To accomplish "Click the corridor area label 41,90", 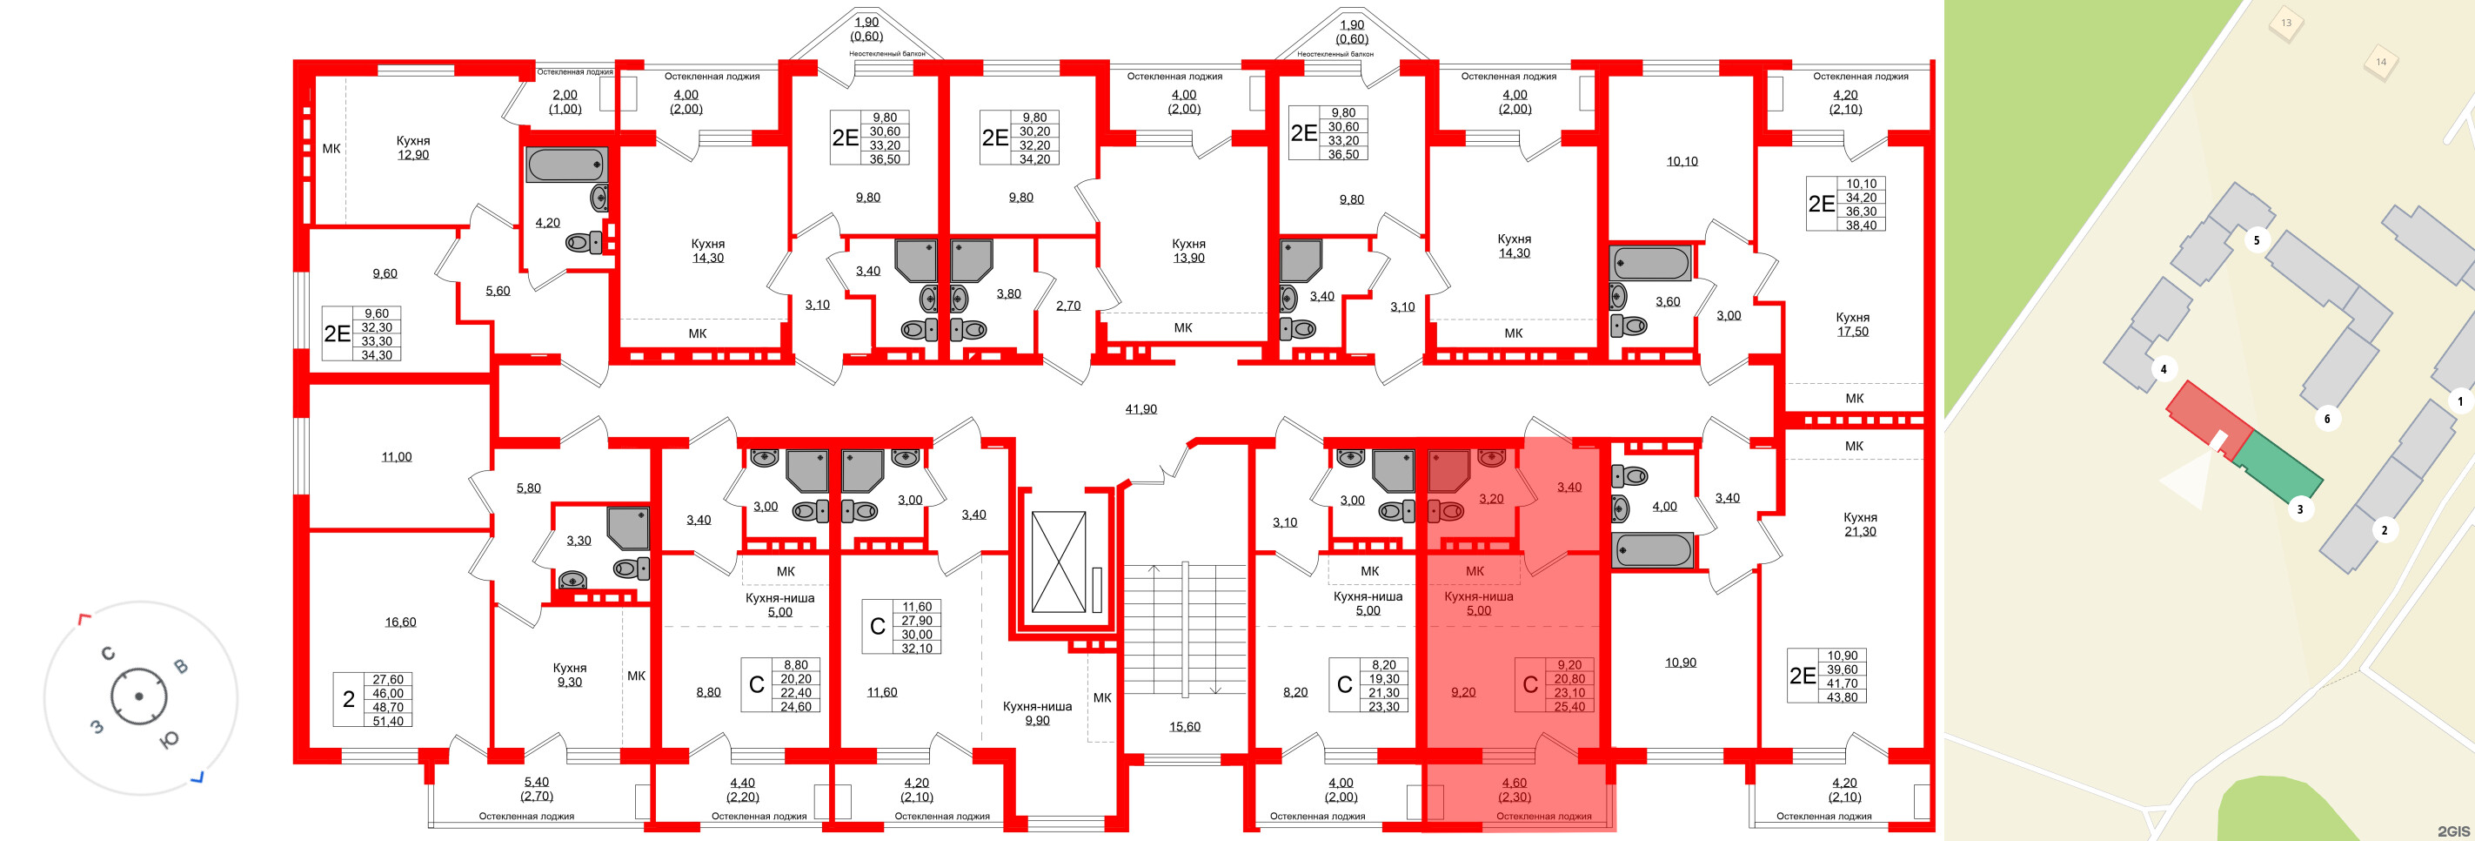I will pyautogui.click(x=1141, y=409).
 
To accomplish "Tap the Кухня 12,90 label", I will pyautogui.click(x=413, y=148).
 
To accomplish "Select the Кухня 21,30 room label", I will pyautogui.click(x=1860, y=524).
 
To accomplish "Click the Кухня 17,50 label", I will pyautogui.click(x=1852, y=325).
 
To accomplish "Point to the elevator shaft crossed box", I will pyautogui.click(x=1058, y=562).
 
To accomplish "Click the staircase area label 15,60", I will pyautogui.click(x=1185, y=727).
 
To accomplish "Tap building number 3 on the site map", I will pyautogui.click(x=2300, y=509).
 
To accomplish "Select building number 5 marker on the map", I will pyautogui.click(x=2257, y=240).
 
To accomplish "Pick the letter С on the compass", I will pyautogui.click(x=108, y=654).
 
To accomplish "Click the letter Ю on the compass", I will pyautogui.click(x=169, y=739).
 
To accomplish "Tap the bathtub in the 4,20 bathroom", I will pyautogui.click(x=567, y=165).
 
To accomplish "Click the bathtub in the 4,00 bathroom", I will pyautogui.click(x=1654, y=552).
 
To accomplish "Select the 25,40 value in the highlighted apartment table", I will pyautogui.click(x=1569, y=706).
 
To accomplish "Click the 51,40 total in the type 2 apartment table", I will pyautogui.click(x=388, y=721).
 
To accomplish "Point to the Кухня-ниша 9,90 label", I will pyautogui.click(x=1037, y=713).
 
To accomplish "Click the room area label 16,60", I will pyautogui.click(x=401, y=622).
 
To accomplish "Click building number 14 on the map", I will pyautogui.click(x=2381, y=63).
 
